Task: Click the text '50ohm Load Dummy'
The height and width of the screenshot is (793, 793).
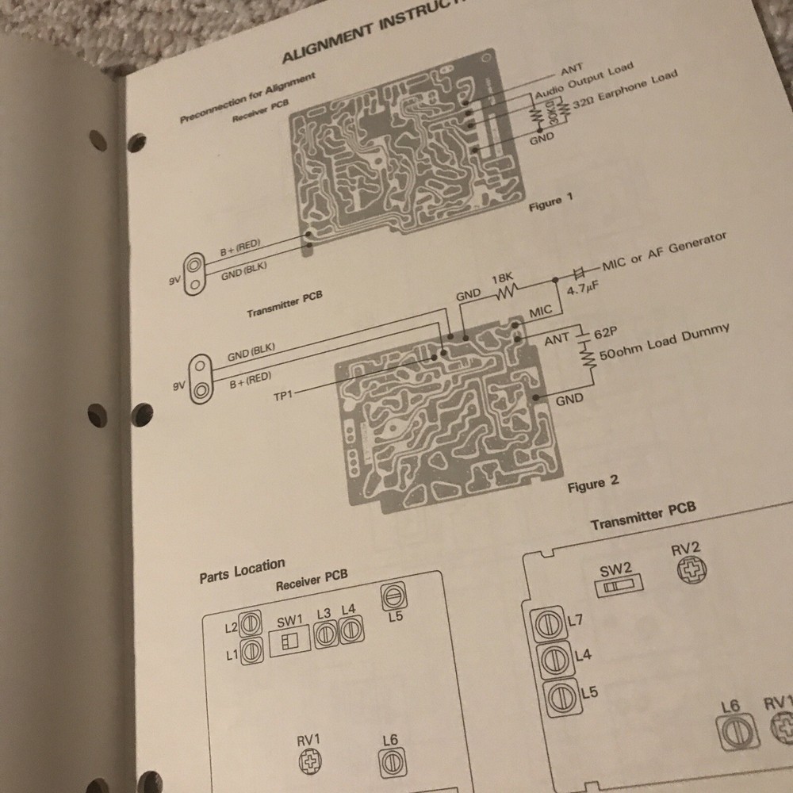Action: click(x=665, y=342)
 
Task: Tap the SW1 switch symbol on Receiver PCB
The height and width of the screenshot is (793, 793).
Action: click(x=285, y=641)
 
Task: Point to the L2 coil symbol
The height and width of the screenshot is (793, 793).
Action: click(x=251, y=624)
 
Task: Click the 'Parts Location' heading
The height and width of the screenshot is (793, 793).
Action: click(x=242, y=570)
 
